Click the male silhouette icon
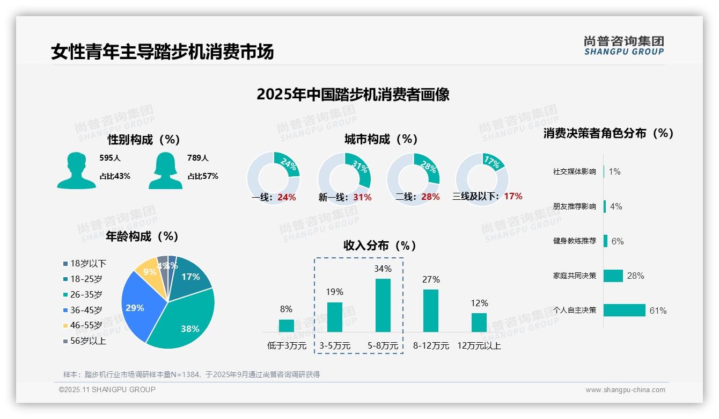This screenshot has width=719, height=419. pyautogui.click(x=76, y=171)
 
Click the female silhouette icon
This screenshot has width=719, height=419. pyautogui.click(x=165, y=171)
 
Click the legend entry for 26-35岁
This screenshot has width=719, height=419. pyautogui.click(x=86, y=294)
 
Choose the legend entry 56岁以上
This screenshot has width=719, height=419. pyautogui.click(x=87, y=341)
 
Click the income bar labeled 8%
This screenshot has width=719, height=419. pyautogui.click(x=287, y=326)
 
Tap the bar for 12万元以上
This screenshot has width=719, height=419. pyautogui.click(x=479, y=322)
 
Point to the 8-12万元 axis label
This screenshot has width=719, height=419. pyautogui.click(x=431, y=346)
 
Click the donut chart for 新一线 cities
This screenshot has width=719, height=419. pyautogui.click(x=344, y=178)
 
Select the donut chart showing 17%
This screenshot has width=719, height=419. pyautogui.click(x=481, y=178)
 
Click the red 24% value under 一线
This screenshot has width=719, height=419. pyautogui.click(x=287, y=198)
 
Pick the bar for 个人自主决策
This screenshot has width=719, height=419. pyautogui.click(x=624, y=310)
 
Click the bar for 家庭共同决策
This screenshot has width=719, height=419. pyautogui.click(x=613, y=276)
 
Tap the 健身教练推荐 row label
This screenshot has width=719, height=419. pyautogui.click(x=574, y=241)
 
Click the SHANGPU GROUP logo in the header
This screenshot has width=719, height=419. pyautogui.click(x=623, y=46)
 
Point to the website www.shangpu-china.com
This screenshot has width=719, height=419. pyautogui.click(x=625, y=390)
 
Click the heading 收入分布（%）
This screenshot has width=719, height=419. pyautogui.click(x=380, y=246)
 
